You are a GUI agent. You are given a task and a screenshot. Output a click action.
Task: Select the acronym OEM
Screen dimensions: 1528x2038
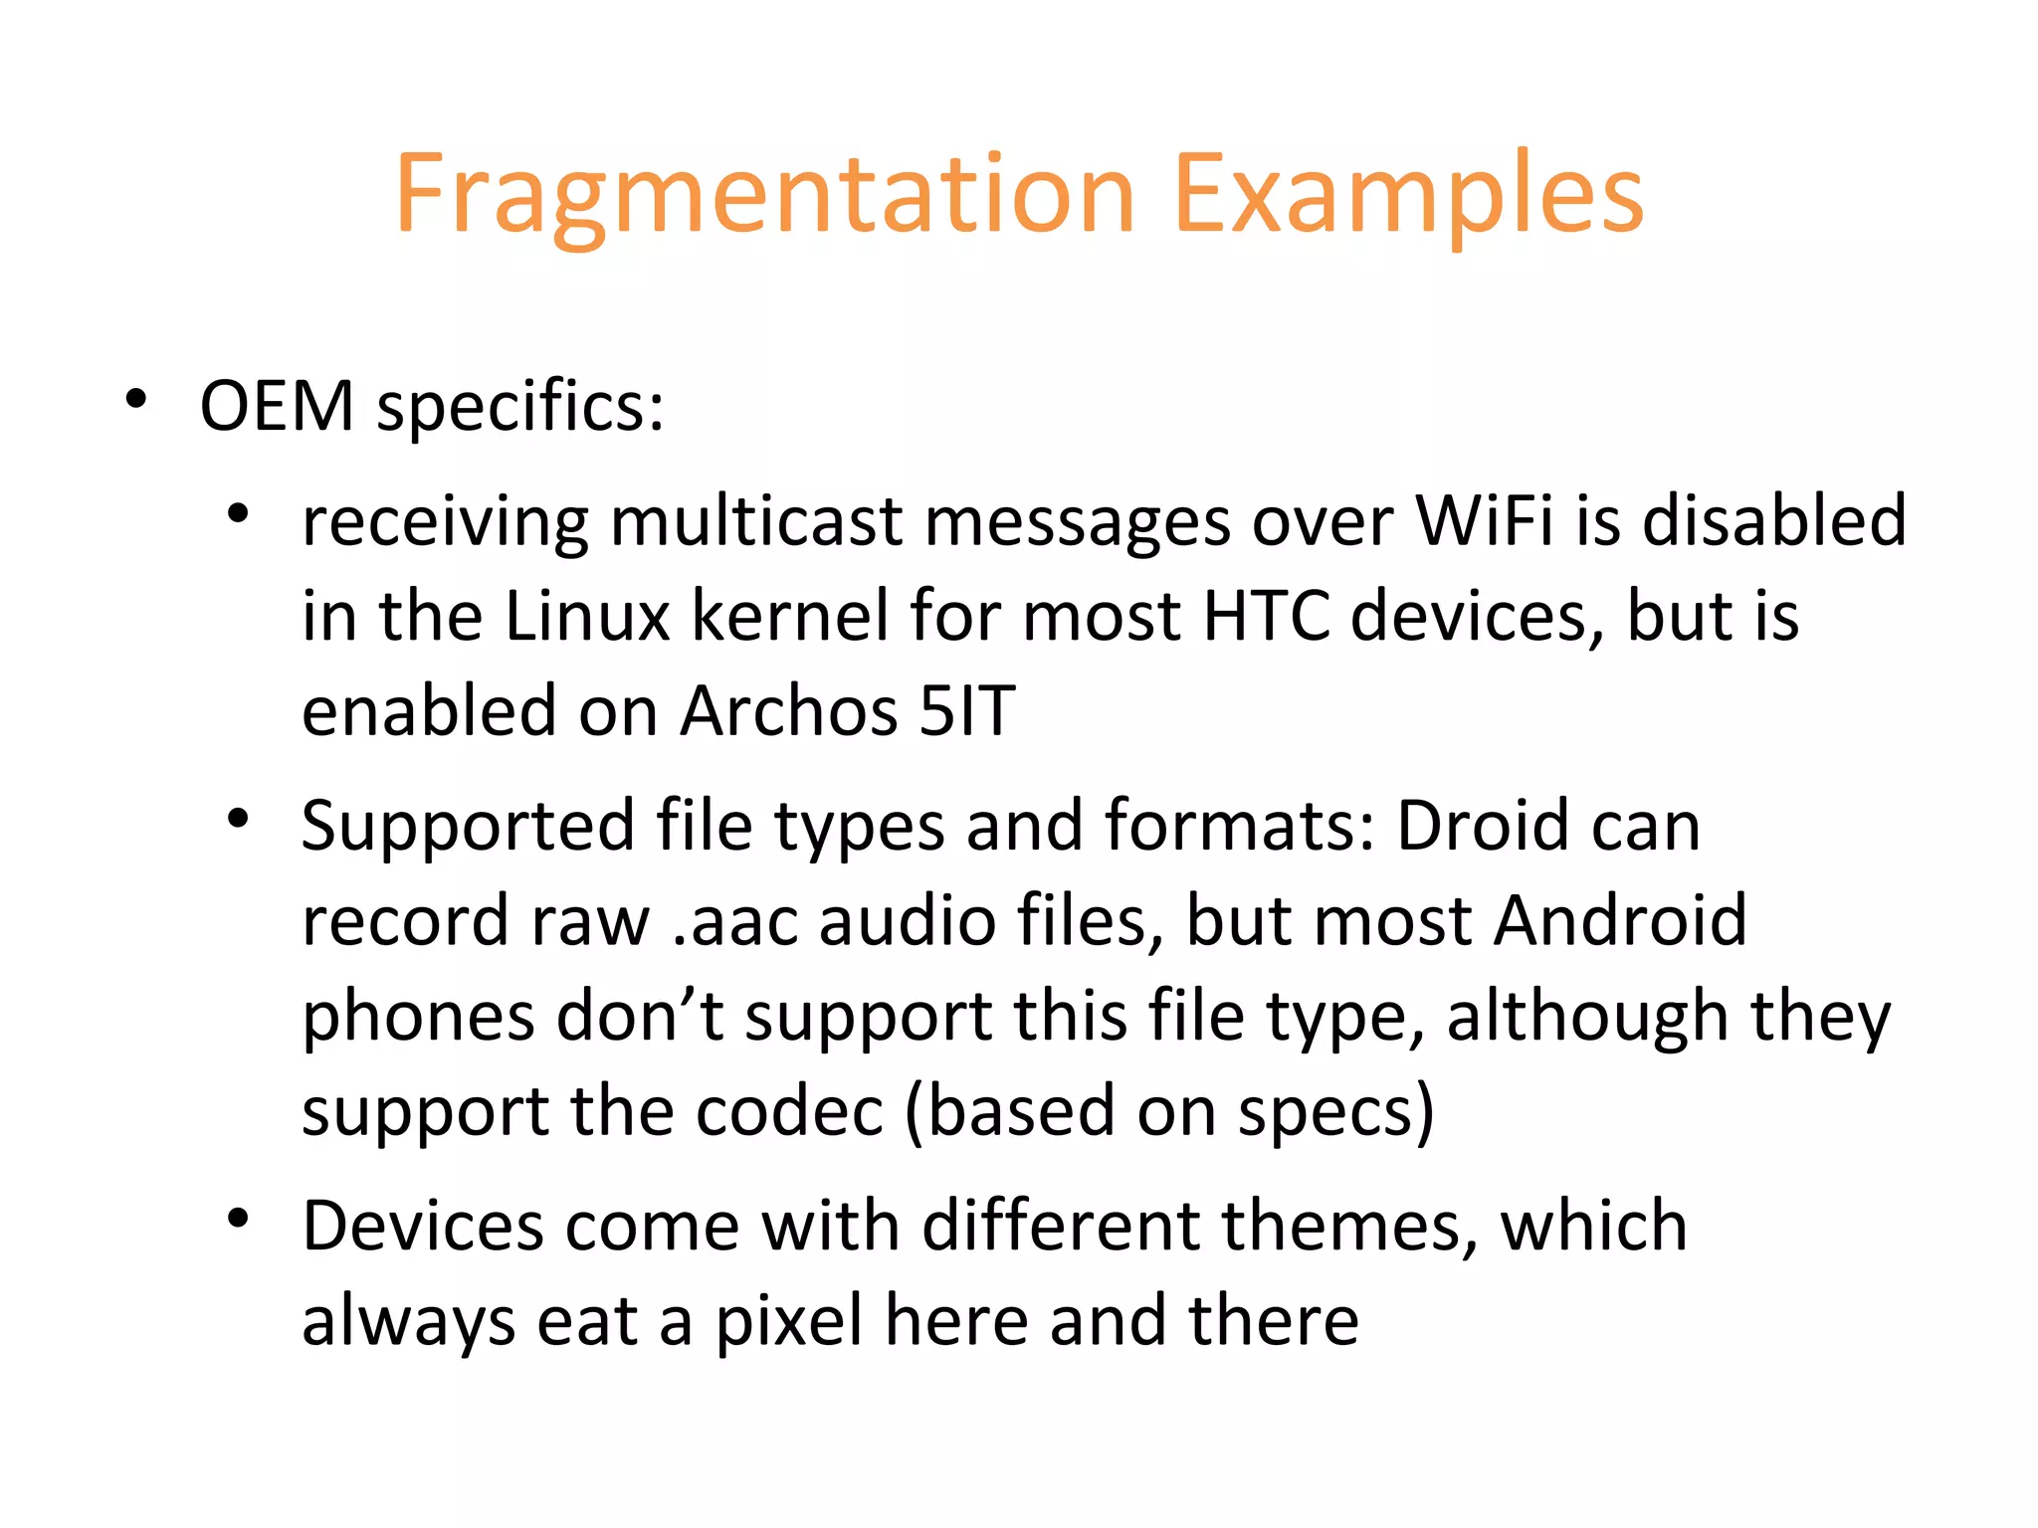coord(277,407)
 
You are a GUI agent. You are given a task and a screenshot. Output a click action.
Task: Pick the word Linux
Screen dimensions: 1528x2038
coord(587,616)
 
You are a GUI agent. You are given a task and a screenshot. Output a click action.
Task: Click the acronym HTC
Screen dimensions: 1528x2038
coord(1266,616)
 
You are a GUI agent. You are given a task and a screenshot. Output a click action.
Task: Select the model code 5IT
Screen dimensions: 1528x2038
coord(966,711)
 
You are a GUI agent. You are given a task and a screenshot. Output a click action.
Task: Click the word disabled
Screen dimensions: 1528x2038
coord(1773,521)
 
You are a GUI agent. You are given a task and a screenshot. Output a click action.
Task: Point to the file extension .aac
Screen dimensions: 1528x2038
coord(735,920)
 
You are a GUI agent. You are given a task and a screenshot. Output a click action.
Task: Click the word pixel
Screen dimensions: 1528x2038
coord(789,1321)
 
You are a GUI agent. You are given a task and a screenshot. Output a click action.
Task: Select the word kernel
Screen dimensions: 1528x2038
coord(789,616)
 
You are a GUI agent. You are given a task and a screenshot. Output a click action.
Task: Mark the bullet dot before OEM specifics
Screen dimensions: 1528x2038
coord(136,400)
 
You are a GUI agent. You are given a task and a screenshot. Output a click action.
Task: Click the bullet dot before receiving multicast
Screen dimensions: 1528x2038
coord(237,514)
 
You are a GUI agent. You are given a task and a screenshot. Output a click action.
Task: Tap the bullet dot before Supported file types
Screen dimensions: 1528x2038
coord(237,819)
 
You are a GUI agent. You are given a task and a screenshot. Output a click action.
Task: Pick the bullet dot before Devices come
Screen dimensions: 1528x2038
coord(237,1219)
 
